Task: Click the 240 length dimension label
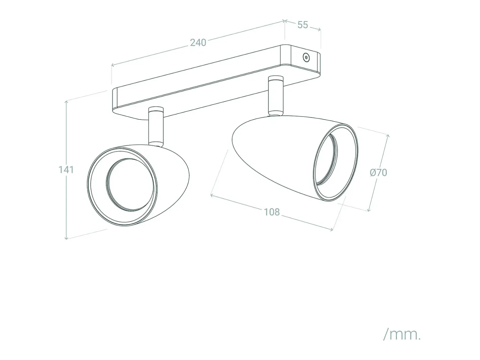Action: click(x=198, y=43)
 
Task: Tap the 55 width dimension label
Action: click(x=303, y=25)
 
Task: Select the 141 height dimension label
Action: click(x=66, y=170)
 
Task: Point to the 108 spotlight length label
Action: click(x=272, y=212)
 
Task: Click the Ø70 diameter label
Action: click(x=378, y=173)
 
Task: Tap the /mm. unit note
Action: click(x=402, y=341)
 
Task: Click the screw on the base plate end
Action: click(x=306, y=57)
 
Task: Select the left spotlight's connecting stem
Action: click(x=156, y=126)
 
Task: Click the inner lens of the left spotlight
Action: click(x=130, y=185)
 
